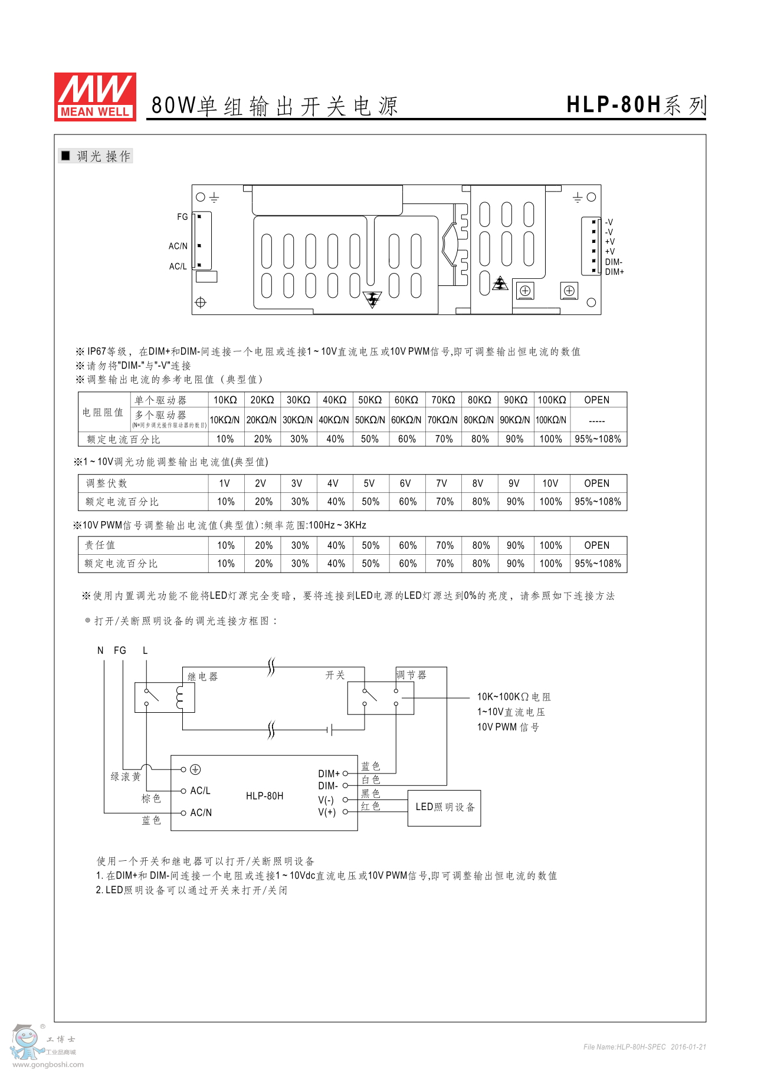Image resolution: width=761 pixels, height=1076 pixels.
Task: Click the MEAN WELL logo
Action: (95, 97)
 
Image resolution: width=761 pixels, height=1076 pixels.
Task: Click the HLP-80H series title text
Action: (636, 105)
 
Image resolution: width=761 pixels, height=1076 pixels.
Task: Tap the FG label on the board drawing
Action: (182, 217)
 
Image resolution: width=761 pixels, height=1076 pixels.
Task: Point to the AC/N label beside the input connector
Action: (178, 246)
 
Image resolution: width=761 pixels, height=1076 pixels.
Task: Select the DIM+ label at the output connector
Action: (614, 272)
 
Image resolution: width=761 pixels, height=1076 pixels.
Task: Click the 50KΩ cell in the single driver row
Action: (370, 400)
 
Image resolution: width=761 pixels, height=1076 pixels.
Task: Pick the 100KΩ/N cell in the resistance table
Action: (551, 420)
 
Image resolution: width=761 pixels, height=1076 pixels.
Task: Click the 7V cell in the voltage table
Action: (441, 483)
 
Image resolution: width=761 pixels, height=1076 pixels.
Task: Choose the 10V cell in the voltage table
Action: (550, 483)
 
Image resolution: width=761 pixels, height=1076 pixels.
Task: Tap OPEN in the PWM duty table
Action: (596, 545)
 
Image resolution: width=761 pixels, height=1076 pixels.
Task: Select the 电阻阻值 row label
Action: (103, 412)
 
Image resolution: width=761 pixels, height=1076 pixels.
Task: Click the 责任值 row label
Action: (100, 545)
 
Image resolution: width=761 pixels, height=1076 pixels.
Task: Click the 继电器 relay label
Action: (202, 677)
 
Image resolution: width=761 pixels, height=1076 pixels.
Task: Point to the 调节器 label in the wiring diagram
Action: (411, 675)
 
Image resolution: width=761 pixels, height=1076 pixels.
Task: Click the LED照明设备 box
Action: (445, 807)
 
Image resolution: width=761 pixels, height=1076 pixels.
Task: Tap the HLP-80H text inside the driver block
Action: (264, 796)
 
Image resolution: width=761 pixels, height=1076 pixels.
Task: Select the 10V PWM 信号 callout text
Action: (508, 728)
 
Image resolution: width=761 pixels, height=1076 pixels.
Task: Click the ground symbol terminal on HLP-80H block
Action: (195, 769)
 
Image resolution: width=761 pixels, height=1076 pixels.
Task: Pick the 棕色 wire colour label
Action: (151, 799)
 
